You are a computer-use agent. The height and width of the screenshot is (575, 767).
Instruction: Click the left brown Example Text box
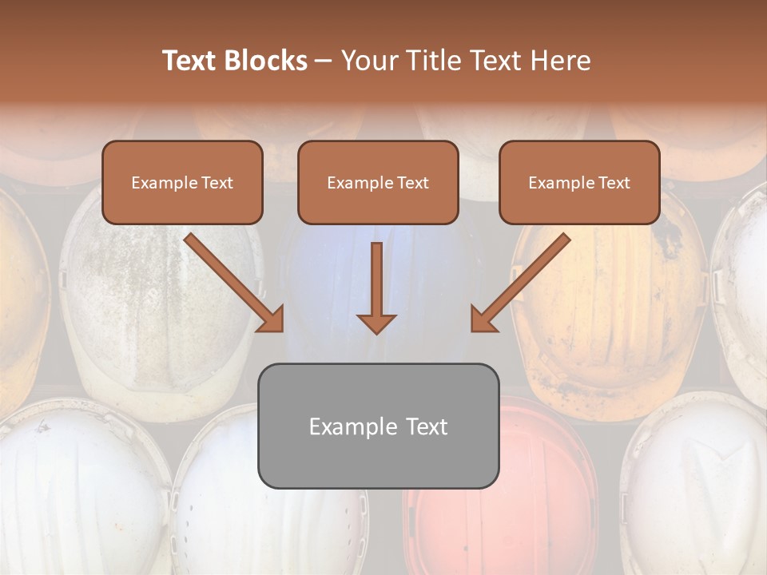182,182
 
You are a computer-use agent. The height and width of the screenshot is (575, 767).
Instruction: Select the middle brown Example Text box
378,182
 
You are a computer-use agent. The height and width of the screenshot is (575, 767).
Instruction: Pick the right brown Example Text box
579,182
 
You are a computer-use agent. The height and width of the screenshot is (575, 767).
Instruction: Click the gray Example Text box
378,426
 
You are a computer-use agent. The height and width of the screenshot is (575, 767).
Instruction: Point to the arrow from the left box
235,283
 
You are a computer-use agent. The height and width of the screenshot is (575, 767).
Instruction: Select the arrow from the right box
520,283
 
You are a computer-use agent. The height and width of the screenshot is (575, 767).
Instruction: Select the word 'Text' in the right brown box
614,183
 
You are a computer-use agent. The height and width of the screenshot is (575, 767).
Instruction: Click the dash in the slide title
324,61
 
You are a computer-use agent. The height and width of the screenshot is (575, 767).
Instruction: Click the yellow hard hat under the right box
607,319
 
